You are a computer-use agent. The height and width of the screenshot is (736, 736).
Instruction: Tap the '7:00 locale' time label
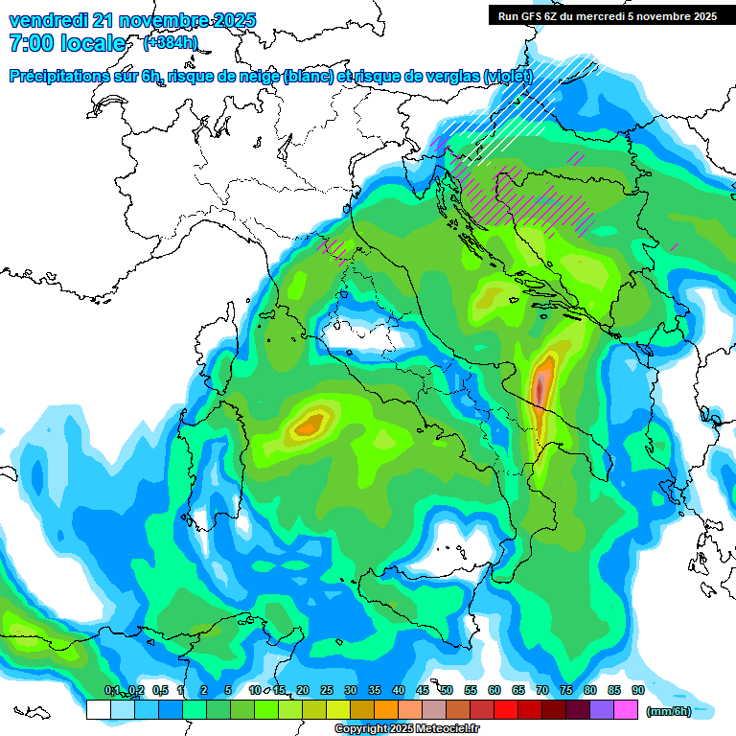tap(67, 43)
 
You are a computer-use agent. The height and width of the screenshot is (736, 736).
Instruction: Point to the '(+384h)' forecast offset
tap(171, 43)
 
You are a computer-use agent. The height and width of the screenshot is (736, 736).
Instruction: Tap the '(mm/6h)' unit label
tap(669, 710)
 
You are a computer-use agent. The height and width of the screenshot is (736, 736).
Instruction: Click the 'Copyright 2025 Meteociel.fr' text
tap(407, 729)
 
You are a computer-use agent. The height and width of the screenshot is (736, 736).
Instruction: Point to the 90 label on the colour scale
tap(637, 690)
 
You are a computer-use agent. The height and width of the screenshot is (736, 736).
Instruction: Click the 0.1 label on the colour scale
tap(111, 690)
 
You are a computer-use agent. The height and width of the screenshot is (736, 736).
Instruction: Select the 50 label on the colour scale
tap(447, 690)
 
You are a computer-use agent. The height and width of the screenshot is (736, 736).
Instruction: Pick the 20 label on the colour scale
tap(303, 690)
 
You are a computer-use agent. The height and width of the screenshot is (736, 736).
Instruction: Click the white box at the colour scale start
tap(98, 710)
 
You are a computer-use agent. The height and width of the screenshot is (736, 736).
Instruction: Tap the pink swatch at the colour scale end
tap(626, 710)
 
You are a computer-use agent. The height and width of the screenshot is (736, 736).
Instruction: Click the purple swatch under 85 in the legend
tap(602, 710)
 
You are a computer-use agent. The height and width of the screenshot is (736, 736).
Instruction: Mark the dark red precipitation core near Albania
tap(540, 388)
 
